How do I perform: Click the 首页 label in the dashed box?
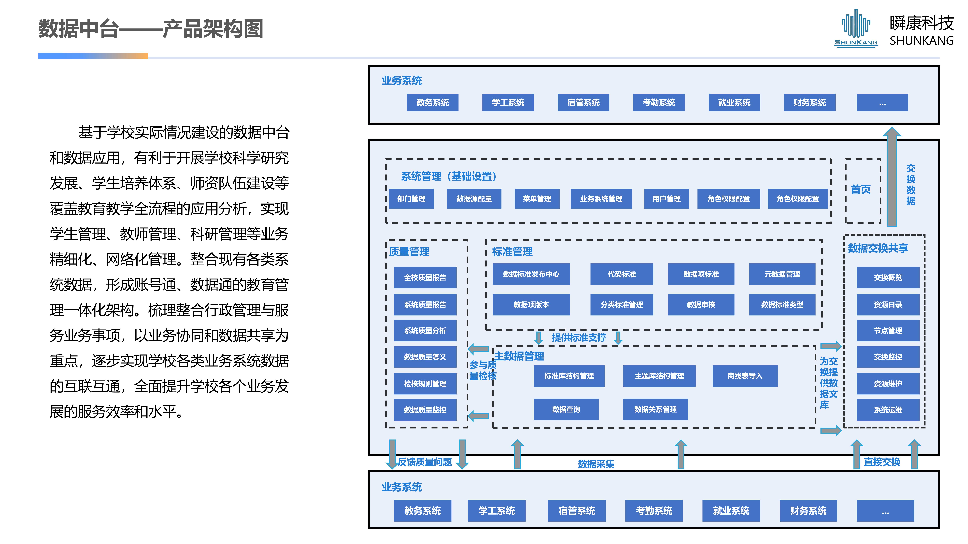tap(861, 190)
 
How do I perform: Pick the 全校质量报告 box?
tap(425, 278)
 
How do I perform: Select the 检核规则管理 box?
tap(425, 384)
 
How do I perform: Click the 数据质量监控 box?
tap(425, 410)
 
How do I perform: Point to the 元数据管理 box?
tap(782, 274)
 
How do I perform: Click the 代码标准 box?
tap(622, 274)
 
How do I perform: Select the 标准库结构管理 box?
tap(569, 376)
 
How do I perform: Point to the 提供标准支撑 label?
tap(579, 338)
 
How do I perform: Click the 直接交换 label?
tap(882, 462)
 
